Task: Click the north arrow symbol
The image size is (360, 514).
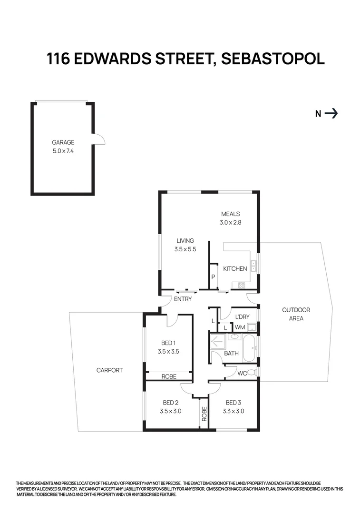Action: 331,113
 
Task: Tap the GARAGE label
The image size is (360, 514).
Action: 63,142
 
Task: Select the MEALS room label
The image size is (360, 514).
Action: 230,214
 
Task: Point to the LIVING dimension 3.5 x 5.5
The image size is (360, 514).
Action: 185,249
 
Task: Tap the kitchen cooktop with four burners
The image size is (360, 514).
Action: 241,286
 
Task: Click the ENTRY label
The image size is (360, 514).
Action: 183,299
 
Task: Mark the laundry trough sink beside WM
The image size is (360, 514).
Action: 252,327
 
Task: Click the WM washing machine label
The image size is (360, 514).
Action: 239,327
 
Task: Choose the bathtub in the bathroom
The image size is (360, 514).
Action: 249,349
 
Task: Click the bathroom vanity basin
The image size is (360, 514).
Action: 234,337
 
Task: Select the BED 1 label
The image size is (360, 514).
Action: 168,343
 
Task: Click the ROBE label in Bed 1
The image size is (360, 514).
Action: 169,376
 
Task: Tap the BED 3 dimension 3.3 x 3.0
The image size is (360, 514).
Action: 234,411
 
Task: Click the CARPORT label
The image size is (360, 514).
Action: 109,370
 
